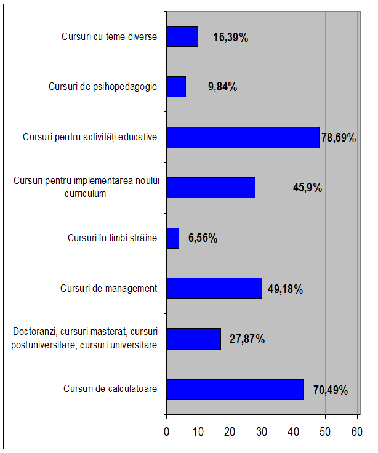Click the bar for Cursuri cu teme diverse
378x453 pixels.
point(182,37)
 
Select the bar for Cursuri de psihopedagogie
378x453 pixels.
point(176,87)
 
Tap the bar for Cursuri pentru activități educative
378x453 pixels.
point(243,137)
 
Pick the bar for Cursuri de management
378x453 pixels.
point(214,288)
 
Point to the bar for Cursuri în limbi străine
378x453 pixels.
point(173,238)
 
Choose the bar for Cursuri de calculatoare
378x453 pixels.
point(235,389)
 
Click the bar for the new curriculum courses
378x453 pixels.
point(211,188)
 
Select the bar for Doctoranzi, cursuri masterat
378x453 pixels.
point(193,339)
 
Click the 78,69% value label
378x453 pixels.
point(339,138)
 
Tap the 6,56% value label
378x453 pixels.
point(203,238)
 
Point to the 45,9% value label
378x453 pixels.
point(307,188)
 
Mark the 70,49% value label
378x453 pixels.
point(330,390)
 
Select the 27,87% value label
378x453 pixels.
point(247,339)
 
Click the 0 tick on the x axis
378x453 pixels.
point(167,433)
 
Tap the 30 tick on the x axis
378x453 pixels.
point(262,433)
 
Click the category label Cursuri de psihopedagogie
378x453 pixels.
point(103,87)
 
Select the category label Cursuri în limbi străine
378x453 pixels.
point(113,238)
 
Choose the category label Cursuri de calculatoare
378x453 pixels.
point(110,389)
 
